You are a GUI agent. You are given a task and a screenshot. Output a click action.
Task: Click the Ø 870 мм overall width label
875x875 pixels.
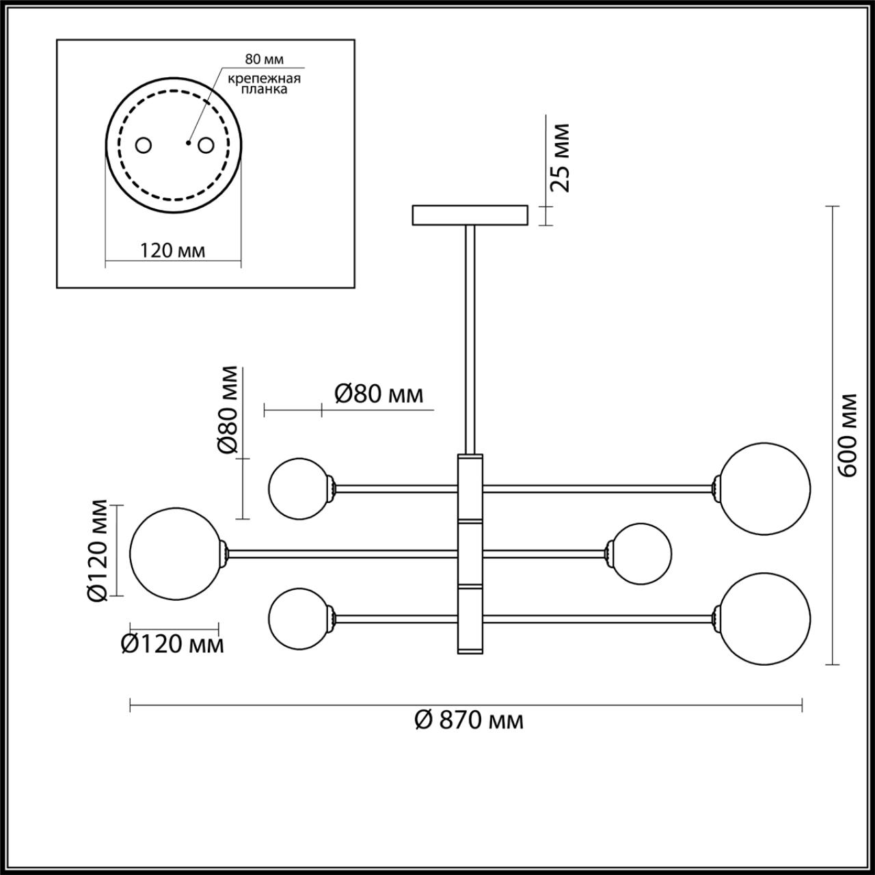tap(469, 720)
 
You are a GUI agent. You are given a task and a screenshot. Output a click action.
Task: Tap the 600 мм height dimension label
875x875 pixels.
tap(848, 435)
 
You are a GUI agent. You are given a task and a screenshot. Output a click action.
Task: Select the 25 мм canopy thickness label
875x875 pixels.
tap(561, 158)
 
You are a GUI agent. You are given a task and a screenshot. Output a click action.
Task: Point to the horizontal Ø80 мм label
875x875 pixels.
tap(379, 394)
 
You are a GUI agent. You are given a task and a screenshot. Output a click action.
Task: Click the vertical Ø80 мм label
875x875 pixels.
tap(228, 410)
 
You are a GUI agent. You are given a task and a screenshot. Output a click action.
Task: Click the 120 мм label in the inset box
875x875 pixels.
tap(172, 250)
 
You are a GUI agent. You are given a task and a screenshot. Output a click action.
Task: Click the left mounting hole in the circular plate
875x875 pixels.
tap(144, 145)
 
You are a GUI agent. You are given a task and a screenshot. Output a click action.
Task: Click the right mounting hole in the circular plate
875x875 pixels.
tap(206, 145)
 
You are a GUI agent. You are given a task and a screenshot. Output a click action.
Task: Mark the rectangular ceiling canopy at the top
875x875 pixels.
tap(470, 215)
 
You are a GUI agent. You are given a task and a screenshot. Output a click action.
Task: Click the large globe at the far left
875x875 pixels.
tap(174, 553)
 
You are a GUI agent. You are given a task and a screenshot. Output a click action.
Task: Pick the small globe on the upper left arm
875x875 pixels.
tap(298, 488)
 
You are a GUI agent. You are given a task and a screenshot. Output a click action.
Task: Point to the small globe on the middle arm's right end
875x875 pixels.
tap(641, 553)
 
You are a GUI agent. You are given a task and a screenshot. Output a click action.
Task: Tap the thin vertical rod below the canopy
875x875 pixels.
tap(470, 338)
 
